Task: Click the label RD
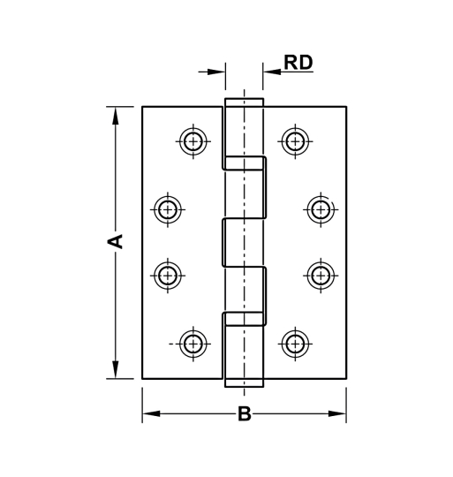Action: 298,63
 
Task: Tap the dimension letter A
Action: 115,241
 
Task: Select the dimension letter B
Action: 245,414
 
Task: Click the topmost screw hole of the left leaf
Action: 193,140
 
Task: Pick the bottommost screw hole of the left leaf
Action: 193,344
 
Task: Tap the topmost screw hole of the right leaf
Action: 294,140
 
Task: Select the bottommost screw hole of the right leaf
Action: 294,344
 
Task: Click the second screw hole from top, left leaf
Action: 167,209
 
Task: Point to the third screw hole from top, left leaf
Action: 167,274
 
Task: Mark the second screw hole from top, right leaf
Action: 320,209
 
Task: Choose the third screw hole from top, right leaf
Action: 320,274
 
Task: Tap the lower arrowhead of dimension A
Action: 115,372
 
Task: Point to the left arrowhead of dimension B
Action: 150,414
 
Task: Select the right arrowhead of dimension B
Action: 338,414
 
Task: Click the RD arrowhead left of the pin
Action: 219,72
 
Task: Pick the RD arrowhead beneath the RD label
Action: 269,72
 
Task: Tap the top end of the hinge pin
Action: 244,101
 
